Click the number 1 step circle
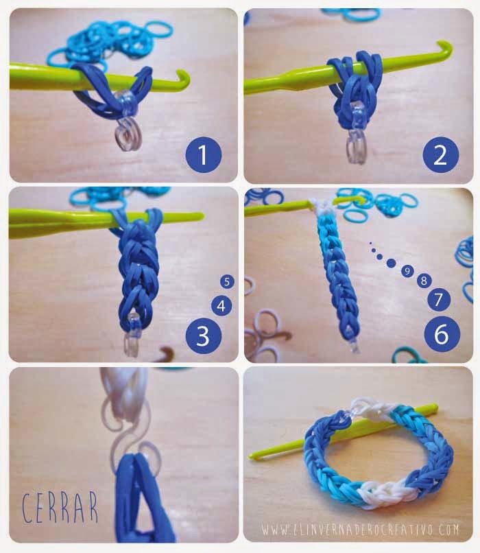(x=204, y=154)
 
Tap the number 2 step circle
(x=440, y=154)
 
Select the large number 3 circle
(x=204, y=336)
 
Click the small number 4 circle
(x=221, y=306)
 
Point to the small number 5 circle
(x=227, y=281)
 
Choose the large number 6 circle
(x=442, y=333)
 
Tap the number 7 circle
(x=439, y=300)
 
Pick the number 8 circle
(x=424, y=281)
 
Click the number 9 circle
(x=407, y=271)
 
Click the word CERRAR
(x=60, y=508)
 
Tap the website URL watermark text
(x=360, y=530)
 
